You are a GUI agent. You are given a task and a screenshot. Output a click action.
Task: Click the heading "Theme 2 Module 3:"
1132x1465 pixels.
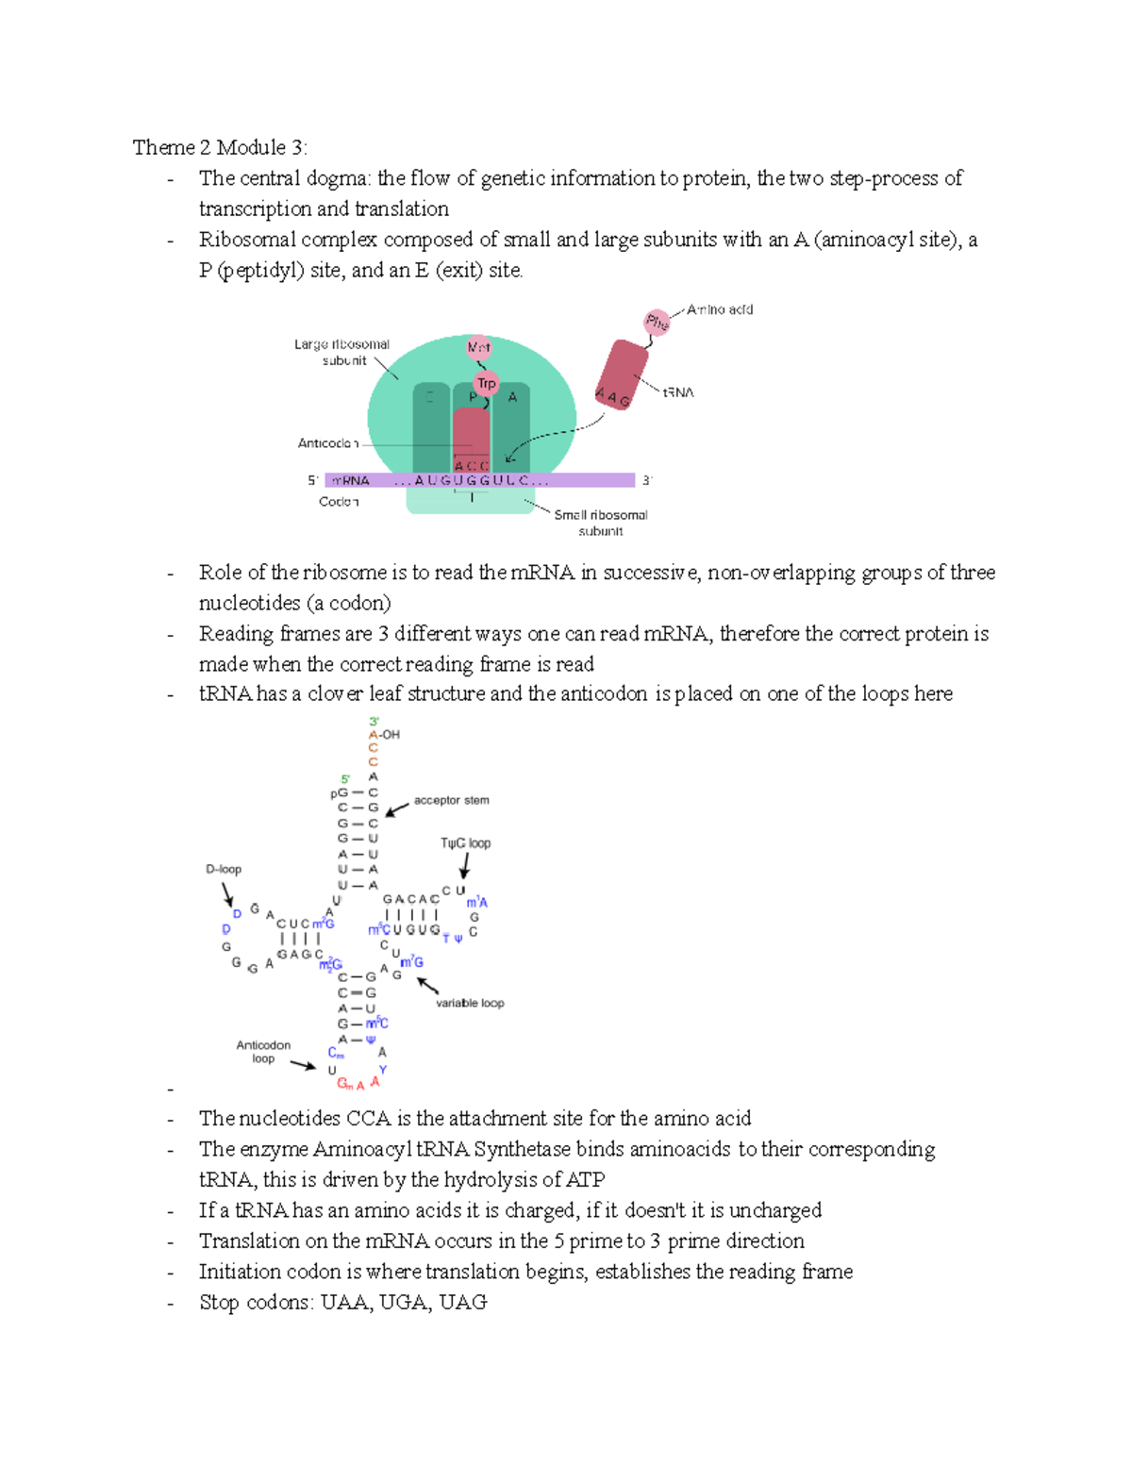click(219, 147)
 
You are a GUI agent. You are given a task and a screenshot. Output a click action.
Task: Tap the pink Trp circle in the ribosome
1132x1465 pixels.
click(486, 383)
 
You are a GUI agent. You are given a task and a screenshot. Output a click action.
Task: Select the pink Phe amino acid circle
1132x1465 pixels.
click(657, 323)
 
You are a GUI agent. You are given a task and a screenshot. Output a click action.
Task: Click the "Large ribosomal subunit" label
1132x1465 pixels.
click(341, 352)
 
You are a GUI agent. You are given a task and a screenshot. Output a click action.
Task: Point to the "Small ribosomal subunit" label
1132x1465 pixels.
click(601, 523)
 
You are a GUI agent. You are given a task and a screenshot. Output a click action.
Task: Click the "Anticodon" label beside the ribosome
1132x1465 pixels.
click(327, 443)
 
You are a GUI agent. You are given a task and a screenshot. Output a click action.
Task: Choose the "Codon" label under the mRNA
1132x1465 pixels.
click(339, 502)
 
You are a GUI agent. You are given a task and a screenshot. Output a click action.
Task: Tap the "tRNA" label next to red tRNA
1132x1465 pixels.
click(677, 392)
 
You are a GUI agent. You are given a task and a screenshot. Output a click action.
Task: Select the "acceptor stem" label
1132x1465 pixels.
click(451, 800)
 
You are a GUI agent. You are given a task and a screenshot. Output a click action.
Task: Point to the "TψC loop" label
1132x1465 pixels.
click(465, 843)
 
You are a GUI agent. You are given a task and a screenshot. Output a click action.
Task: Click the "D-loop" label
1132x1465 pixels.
click(224, 869)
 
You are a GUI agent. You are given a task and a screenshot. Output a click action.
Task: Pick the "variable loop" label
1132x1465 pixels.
click(470, 1003)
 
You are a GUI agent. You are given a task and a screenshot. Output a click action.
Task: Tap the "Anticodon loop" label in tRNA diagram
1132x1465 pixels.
click(263, 1052)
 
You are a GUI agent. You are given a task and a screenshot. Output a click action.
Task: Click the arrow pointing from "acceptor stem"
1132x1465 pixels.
click(397, 809)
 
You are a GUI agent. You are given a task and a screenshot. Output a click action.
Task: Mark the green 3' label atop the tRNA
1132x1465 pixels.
click(374, 722)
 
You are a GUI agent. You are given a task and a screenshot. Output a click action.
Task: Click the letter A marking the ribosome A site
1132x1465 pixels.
click(512, 397)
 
